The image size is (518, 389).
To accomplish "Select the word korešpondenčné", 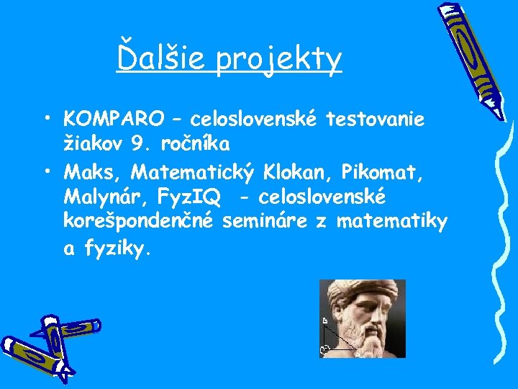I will point(138,223).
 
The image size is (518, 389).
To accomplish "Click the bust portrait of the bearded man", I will point(363,318).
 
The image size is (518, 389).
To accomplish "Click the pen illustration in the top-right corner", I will point(472,58).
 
